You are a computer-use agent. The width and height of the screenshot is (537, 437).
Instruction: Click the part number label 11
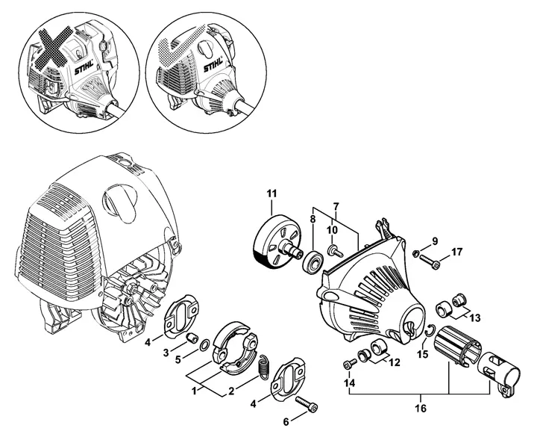tap(271, 193)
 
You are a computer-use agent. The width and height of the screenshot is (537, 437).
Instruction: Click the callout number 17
tap(456, 252)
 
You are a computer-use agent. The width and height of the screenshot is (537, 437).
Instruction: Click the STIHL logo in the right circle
tap(213, 65)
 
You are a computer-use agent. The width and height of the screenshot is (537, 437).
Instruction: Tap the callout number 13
tap(474, 318)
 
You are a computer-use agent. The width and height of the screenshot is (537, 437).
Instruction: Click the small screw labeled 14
tap(348, 365)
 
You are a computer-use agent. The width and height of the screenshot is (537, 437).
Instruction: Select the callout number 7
tap(336, 206)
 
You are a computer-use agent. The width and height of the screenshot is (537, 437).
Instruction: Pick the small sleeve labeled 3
tap(192, 337)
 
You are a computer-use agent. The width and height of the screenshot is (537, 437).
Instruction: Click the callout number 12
tap(395, 362)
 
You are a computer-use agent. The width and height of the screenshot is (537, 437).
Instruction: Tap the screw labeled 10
tap(336, 252)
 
